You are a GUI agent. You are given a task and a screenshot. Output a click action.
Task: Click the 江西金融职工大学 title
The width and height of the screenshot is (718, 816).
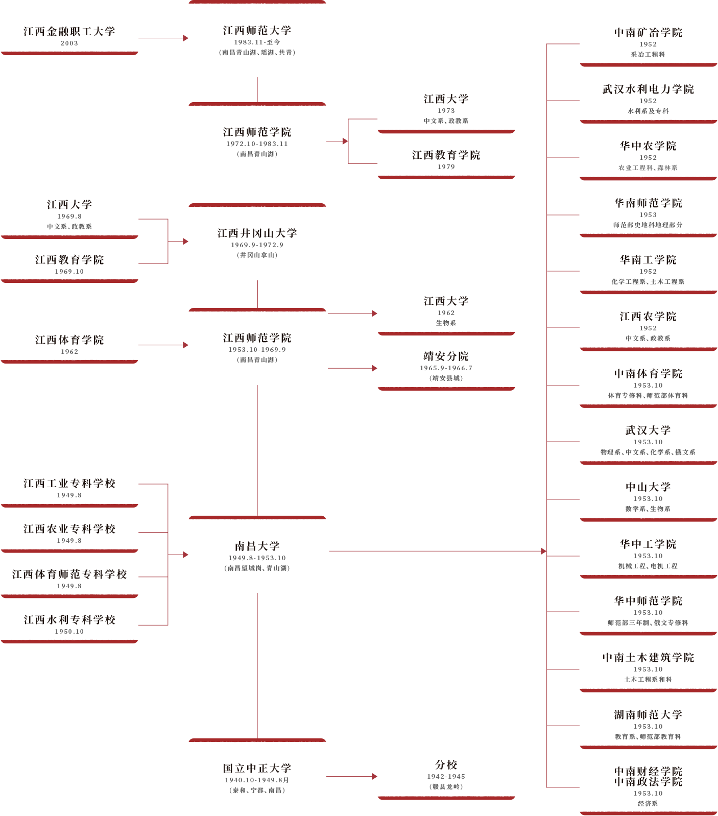point(69,32)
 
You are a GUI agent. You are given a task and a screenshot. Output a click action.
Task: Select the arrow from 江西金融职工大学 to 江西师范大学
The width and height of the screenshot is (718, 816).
point(163,38)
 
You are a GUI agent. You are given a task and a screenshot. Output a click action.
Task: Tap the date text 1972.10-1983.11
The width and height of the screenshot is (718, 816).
point(257,144)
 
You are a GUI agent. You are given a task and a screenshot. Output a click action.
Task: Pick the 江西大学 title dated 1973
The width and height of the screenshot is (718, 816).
point(446,99)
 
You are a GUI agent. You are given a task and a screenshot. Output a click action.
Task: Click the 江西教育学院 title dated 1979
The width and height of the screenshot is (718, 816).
point(446,155)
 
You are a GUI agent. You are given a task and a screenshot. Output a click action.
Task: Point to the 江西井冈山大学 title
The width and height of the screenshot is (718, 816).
point(257,233)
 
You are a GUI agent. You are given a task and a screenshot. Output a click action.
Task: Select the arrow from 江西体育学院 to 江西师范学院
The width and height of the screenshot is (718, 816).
point(163,345)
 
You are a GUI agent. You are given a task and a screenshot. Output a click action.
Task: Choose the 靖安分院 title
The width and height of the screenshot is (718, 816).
point(446,356)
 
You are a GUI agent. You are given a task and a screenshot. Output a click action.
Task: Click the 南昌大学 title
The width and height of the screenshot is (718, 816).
point(257,546)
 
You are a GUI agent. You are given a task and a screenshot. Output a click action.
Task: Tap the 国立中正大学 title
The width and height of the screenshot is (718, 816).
point(257,769)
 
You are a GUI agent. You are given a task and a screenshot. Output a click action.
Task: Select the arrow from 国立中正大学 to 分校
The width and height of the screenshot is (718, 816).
point(352,776)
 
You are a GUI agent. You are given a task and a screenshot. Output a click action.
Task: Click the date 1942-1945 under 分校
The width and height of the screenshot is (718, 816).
point(446,777)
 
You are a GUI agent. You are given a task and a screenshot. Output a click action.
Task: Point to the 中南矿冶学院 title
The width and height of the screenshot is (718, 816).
point(648,33)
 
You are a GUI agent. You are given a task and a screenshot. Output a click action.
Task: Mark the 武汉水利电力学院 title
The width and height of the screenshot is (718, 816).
point(648,89)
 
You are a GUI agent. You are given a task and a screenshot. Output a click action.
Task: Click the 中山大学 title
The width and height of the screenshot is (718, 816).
point(648,487)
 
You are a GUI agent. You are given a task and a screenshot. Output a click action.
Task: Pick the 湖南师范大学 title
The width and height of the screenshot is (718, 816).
point(648,715)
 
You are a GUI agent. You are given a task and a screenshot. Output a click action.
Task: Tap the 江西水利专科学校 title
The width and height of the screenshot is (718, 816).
point(69,620)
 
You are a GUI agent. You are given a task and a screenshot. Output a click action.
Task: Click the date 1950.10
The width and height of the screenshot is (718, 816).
point(69,632)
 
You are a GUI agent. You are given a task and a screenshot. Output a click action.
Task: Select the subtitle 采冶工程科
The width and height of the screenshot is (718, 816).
point(648,55)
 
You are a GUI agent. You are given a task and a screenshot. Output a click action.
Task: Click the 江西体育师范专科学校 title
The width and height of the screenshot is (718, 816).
point(69,574)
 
